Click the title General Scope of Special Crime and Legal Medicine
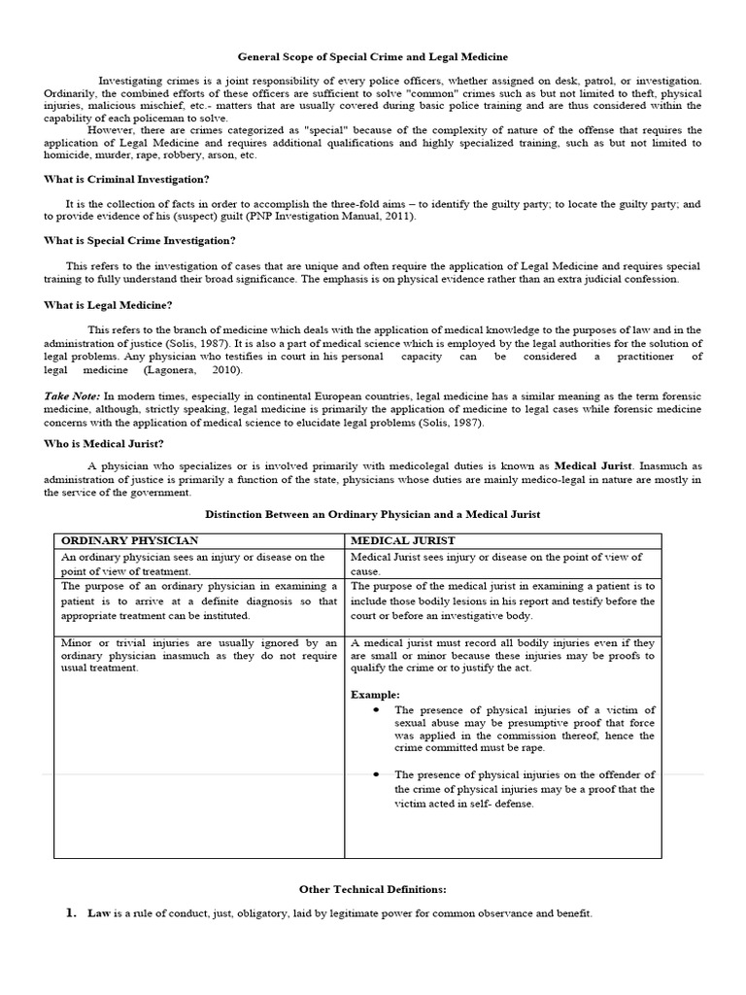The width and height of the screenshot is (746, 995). tap(373, 57)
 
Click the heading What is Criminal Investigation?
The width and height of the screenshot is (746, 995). tap(126, 179)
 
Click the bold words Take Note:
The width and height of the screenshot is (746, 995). tap(72, 397)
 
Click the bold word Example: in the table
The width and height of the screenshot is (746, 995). tap(375, 695)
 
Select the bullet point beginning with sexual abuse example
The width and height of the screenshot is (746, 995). tap(376, 710)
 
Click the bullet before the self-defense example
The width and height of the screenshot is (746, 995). tap(376, 774)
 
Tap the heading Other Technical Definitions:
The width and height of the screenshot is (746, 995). tap(373, 889)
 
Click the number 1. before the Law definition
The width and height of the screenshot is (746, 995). tap(70, 913)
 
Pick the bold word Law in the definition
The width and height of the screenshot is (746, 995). tap(99, 914)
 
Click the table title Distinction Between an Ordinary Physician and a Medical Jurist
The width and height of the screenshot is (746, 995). tap(373, 513)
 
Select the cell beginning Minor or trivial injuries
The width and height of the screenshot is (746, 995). tap(199, 656)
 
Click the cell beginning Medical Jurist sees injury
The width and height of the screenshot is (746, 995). tap(501, 564)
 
